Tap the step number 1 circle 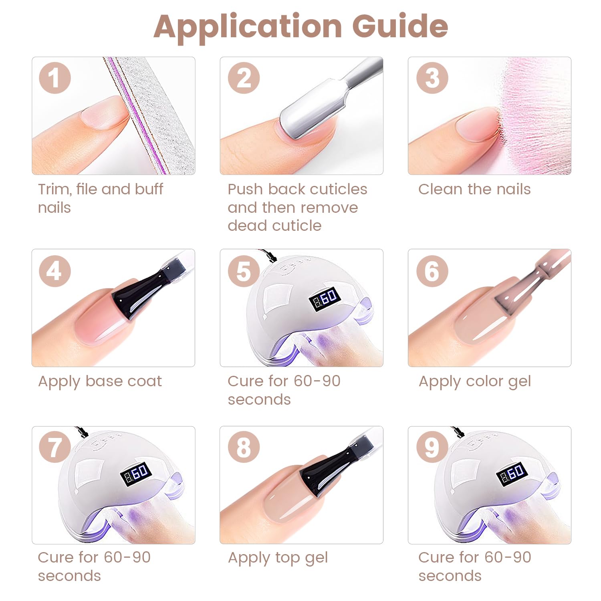pyautogui.click(x=55, y=78)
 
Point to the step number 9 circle pyautogui.click(x=432, y=447)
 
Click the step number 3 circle pyautogui.click(x=432, y=78)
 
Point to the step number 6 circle pyautogui.click(x=432, y=271)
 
